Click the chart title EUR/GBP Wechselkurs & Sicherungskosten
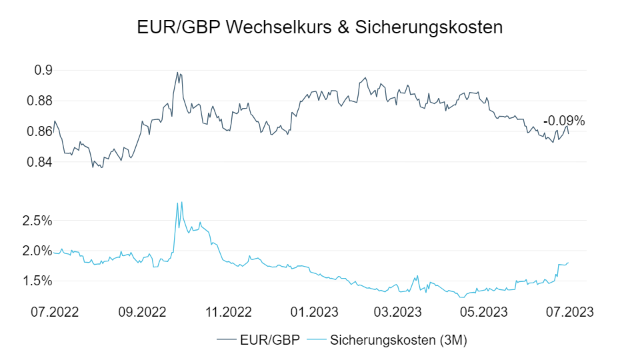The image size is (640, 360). pos(319,27)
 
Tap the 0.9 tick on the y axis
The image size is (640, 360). pos(43,71)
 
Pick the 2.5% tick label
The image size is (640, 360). pos(38,221)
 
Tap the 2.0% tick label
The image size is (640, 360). pos(38,251)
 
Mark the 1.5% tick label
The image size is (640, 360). pos(38,281)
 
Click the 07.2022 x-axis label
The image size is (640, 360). pos(55,312)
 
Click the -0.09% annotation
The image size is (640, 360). pos(563,121)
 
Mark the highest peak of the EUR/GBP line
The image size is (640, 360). pos(177,72)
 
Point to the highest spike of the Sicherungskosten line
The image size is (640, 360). pos(182,202)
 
